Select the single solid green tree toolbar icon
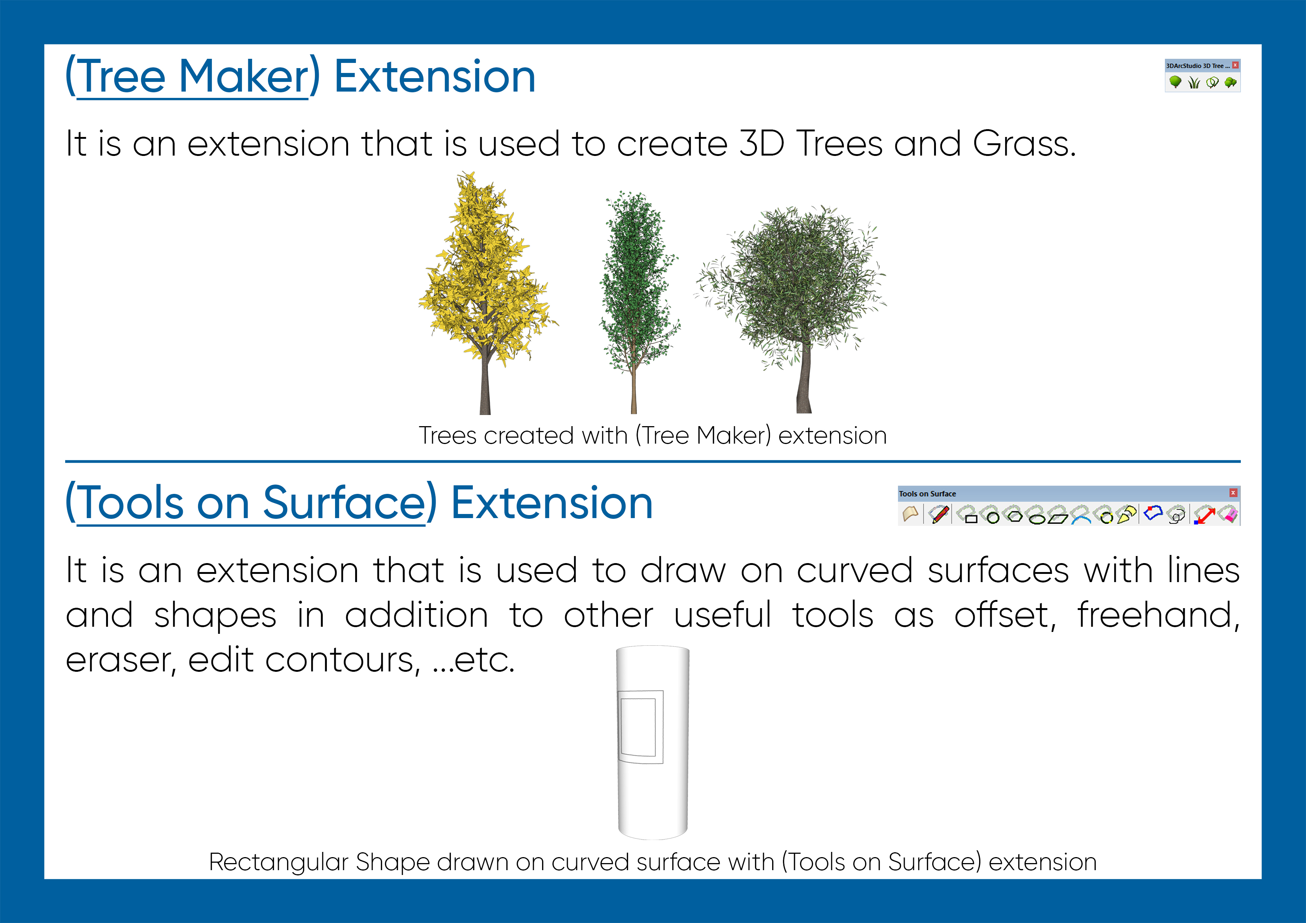point(1175,83)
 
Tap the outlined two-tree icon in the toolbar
point(1212,83)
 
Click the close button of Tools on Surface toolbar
point(1233,492)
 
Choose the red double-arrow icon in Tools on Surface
point(1204,515)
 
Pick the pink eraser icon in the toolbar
point(1229,515)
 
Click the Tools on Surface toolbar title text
point(927,494)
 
